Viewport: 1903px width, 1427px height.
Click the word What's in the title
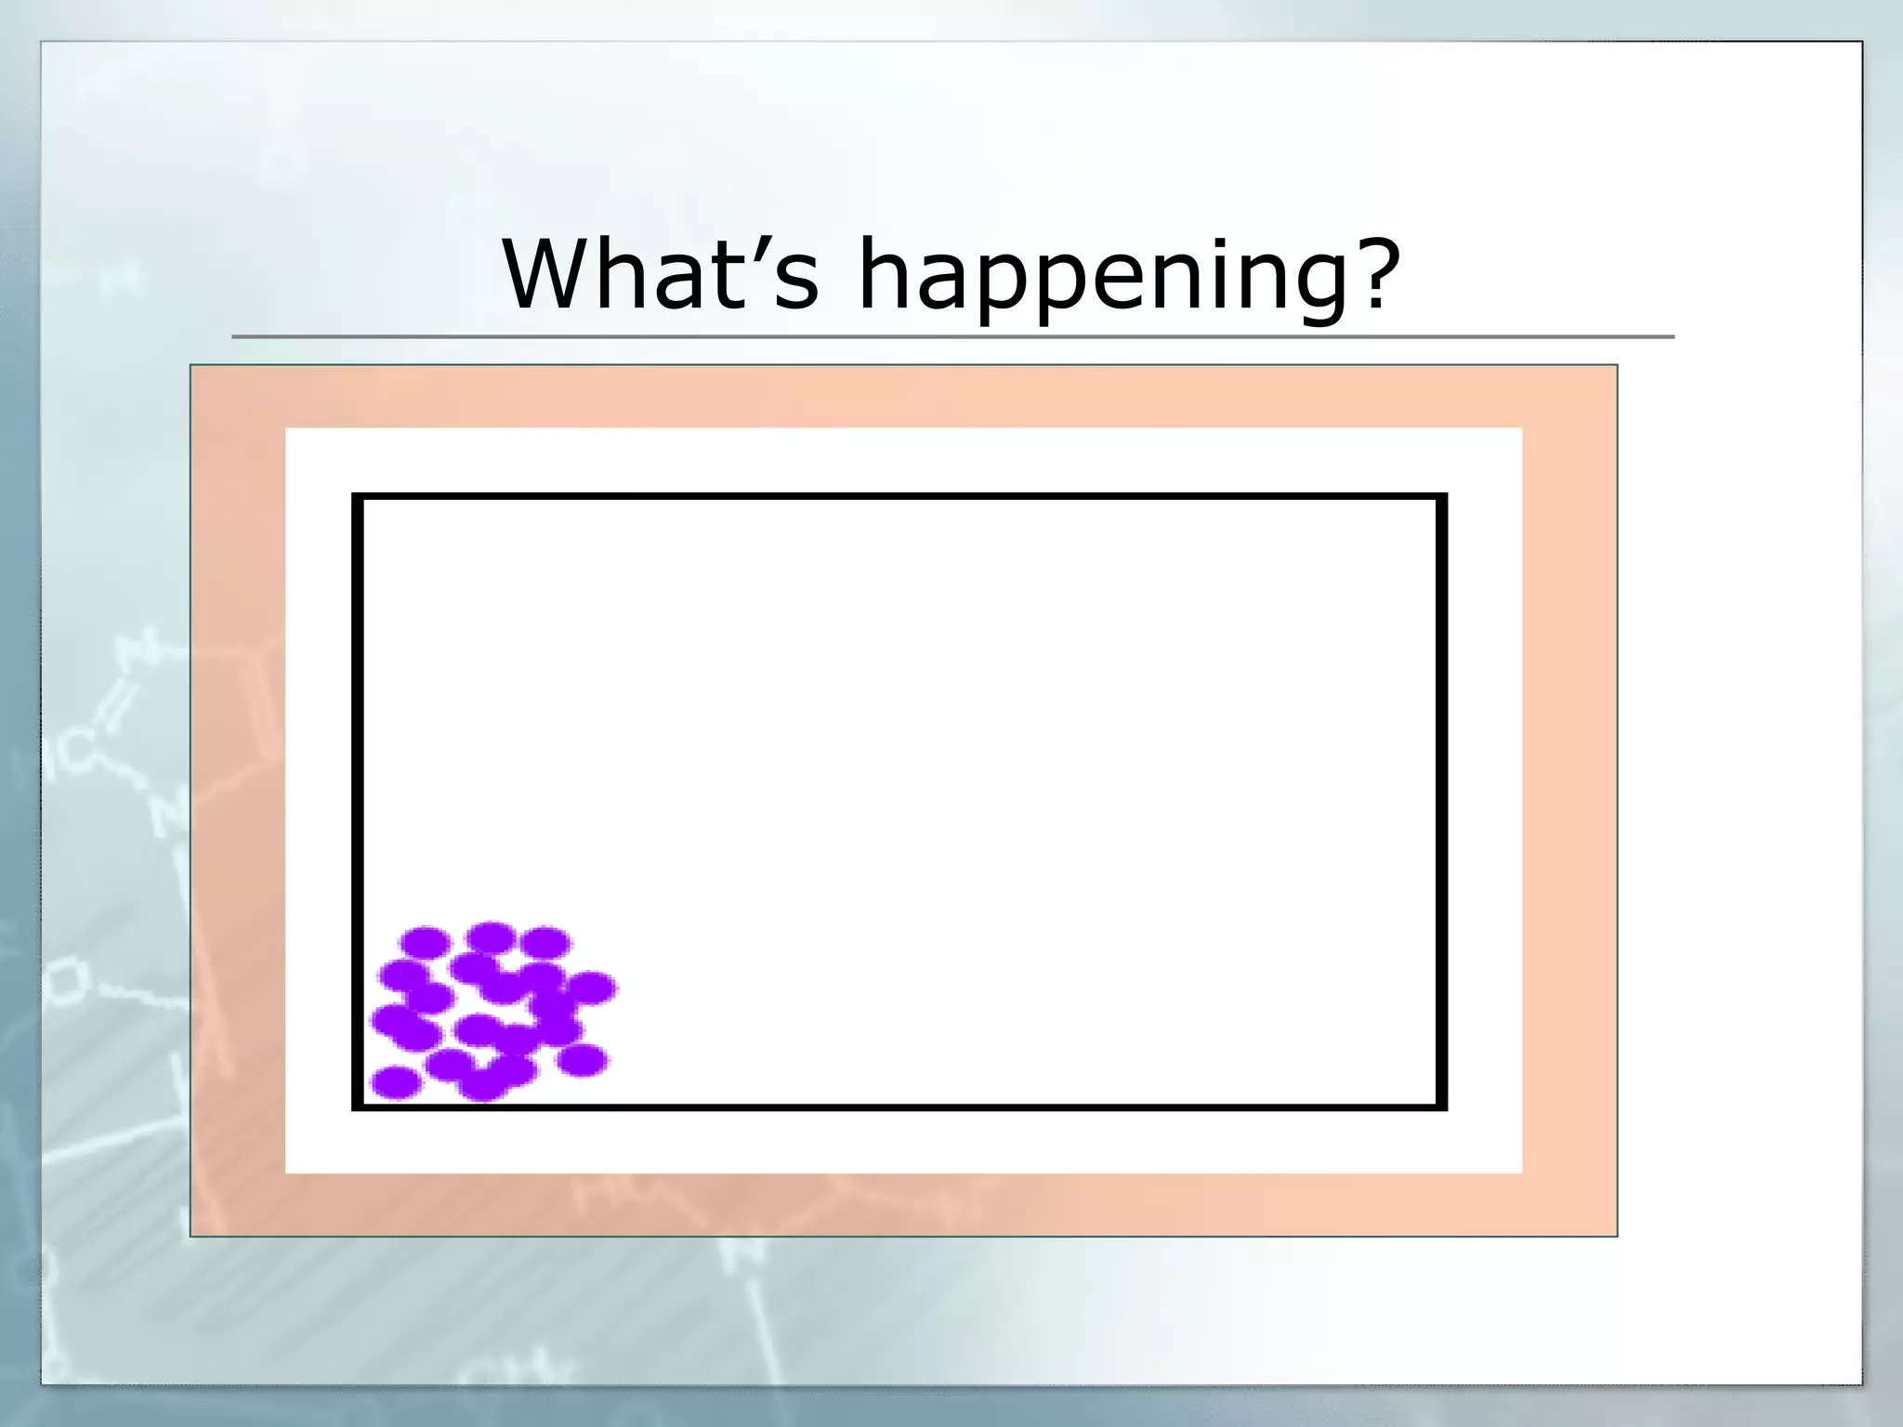tap(661, 274)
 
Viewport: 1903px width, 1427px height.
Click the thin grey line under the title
tap(952, 336)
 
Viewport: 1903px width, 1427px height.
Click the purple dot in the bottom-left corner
tap(396, 1082)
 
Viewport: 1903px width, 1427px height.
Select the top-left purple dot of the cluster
tap(426, 942)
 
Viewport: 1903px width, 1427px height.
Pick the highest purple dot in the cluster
tap(491, 937)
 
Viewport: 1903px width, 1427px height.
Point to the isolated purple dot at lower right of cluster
tap(583, 1060)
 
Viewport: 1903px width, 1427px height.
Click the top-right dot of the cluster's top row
tap(545, 943)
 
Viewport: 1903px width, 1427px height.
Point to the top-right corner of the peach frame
tap(1616, 366)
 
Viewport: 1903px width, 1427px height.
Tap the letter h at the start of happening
tap(883, 274)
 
